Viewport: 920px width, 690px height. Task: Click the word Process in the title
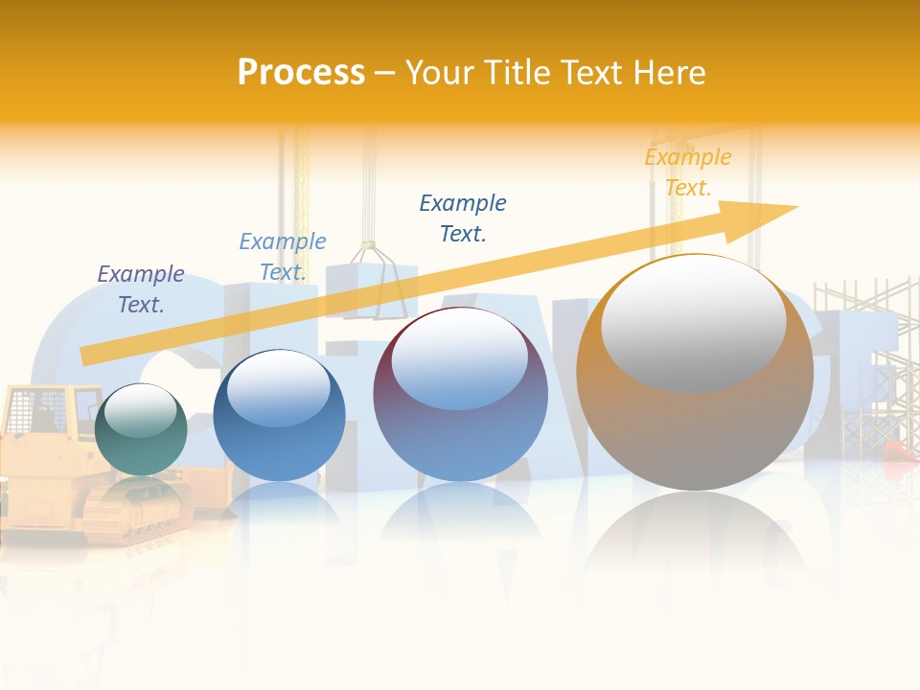[301, 73]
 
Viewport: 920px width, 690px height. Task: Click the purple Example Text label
[141, 289]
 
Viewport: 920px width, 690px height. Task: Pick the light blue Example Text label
[283, 257]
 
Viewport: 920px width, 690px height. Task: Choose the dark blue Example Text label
[463, 218]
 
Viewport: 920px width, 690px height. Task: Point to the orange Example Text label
[687, 172]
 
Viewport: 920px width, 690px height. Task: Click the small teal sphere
[141, 430]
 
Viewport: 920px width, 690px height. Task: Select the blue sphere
[279, 416]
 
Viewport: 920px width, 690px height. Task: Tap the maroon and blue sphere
[460, 394]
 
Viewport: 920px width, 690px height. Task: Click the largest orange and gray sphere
[695, 373]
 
